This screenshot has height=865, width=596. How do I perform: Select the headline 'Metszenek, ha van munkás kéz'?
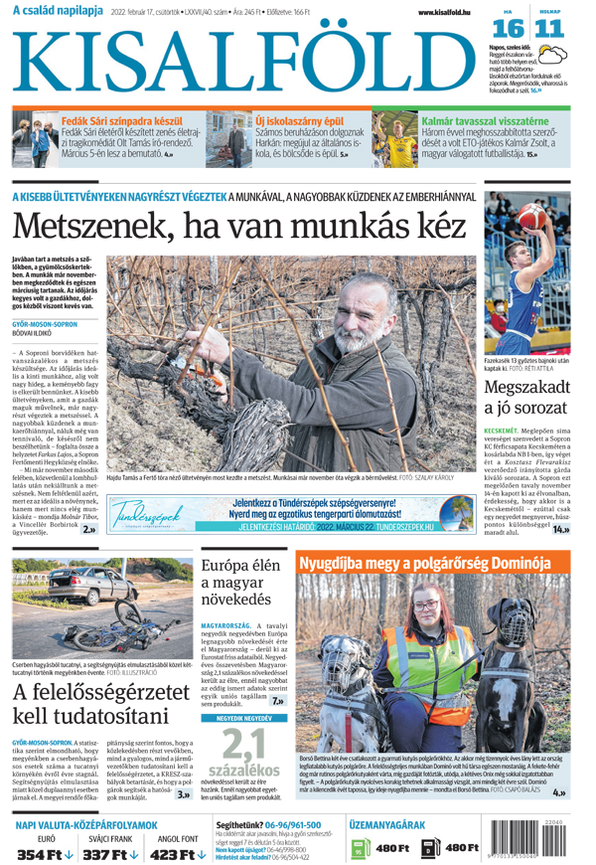point(238,226)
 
